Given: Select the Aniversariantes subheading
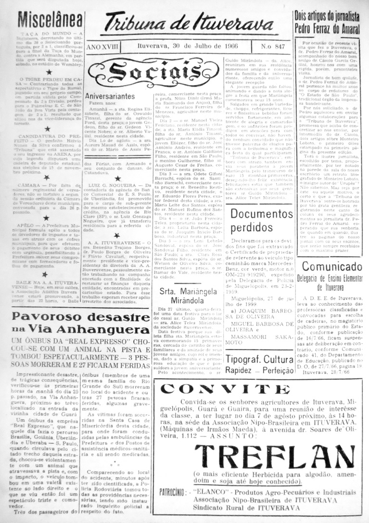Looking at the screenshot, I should point(110,97).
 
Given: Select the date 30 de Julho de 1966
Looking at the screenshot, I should point(190,47).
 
